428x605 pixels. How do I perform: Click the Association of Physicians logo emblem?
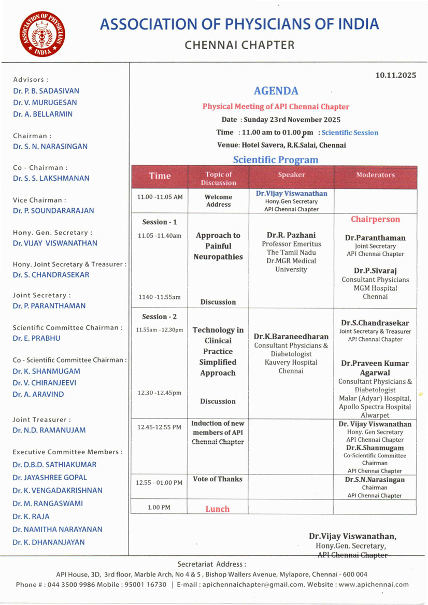pyautogui.click(x=41, y=35)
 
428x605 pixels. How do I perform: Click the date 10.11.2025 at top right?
pyautogui.click(x=396, y=76)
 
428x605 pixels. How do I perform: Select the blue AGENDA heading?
pyautogui.click(x=276, y=91)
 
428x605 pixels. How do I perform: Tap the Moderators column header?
pyautogui.click(x=375, y=175)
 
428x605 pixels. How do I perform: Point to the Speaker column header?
pyautogui.click(x=291, y=175)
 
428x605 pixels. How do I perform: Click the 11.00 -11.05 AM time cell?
pyautogui.click(x=160, y=197)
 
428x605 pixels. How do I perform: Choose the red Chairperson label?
pyautogui.click(x=375, y=219)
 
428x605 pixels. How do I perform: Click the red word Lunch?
pyautogui.click(x=217, y=509)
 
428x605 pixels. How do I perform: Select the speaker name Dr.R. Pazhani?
pyautogui.click(x=291, y=235)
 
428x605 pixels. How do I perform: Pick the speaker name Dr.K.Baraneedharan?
pyautogui.click(x=291, y=337)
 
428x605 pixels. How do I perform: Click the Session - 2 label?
pyautogui.click(x=160, y=316)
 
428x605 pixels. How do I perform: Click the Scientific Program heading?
pyautogui.click(x=276, y=160)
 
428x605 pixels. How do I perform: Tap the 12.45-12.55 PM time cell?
pyautogui.click(x=160, y=427)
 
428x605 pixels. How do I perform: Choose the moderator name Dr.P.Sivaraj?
pyautogui.click(x=375, y=270)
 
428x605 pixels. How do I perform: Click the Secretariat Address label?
pyautogui.click(x=211, y=564)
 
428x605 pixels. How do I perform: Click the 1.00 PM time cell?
pyautogui.click(x=160, y=507)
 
